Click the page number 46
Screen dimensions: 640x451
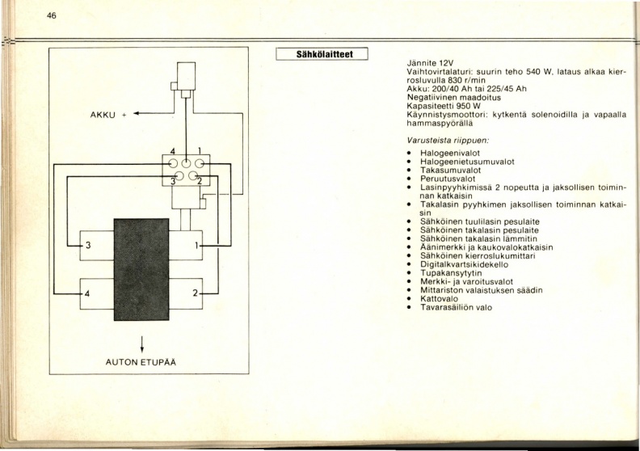(52, 16)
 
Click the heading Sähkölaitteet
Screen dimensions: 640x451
(322, 54)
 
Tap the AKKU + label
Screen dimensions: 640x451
(108, 115)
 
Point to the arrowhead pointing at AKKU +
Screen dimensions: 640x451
(137, 113)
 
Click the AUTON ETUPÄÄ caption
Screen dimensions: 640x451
(141, 362)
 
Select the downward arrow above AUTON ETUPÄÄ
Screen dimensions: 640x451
(141, 344)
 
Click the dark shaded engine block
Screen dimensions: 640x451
(141, 269)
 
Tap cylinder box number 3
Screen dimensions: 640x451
(97, 245)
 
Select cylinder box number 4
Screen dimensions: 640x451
(97, 294)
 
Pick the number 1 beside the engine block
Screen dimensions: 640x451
(196, 245)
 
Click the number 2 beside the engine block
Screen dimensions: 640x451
(195, 293)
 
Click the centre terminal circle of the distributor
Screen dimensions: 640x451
(186, 164)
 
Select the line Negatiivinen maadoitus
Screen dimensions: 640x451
(454, 98)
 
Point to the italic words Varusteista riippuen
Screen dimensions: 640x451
(448, 141)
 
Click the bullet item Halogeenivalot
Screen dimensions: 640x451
(450, 153)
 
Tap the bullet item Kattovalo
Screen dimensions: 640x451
(439, 298)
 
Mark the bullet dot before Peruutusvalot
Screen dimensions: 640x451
(409, 179)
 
